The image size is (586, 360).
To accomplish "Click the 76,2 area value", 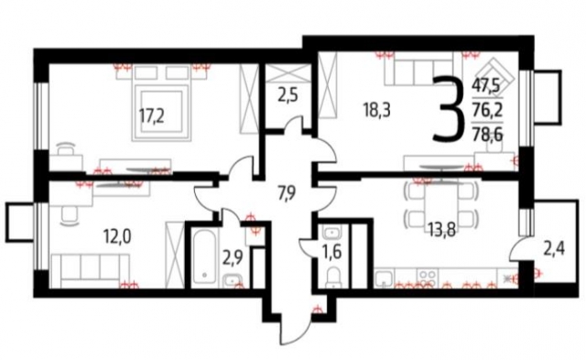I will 486,109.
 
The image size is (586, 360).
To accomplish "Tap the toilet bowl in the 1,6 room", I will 334,274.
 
